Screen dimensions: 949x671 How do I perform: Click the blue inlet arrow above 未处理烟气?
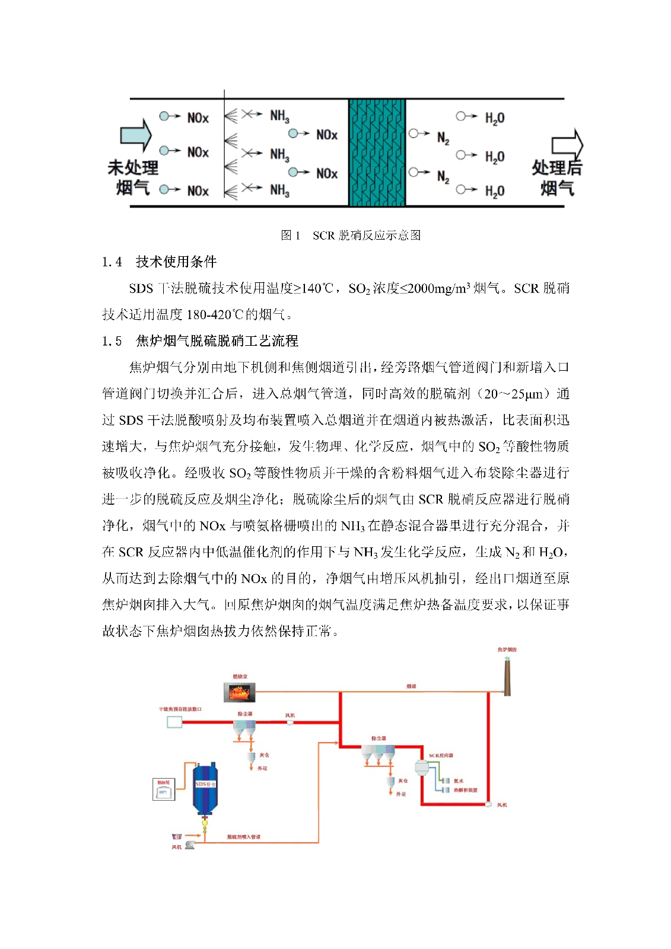[136, 135]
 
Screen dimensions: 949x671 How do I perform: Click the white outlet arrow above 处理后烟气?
[567, 145]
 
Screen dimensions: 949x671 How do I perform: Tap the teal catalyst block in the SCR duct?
[376, 153]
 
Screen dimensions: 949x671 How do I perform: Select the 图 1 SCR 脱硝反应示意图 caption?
[351, 235]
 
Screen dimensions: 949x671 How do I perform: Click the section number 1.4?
[112, 262]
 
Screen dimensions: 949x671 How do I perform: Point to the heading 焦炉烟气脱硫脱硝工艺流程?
[217, 340]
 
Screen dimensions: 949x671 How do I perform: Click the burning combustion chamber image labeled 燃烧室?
[240, 692]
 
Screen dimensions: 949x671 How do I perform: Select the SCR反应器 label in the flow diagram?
[441, 756]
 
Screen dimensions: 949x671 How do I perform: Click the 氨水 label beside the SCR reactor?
[459, 781]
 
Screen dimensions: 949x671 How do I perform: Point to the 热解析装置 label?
[466, 790]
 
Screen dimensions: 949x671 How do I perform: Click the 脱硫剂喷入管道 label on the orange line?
[243, 837]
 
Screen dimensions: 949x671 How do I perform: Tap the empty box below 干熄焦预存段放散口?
[174, 722]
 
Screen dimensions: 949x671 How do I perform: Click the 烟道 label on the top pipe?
[411, 686]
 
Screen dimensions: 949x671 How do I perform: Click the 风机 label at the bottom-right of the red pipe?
[502, 805]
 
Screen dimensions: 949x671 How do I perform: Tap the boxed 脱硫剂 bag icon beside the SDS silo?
[164, 789]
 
